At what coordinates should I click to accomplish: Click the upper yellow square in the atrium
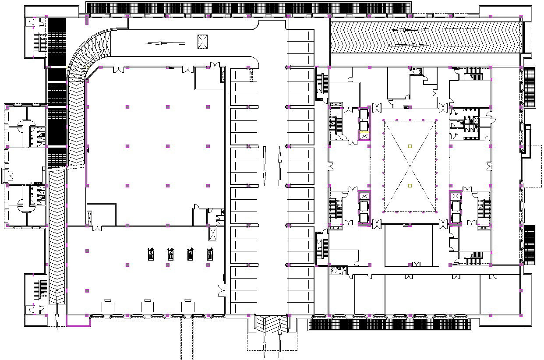click(410, 146)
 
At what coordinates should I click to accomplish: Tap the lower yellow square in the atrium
click(410, 186)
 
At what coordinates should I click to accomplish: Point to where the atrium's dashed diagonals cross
click(410, 166)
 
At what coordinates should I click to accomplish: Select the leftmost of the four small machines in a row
click(151, 254)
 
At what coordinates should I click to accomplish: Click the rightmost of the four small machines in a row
click(210, 254)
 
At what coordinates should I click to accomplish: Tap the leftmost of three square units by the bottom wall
click(108, 306)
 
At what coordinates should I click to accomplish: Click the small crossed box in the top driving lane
click(202, 41)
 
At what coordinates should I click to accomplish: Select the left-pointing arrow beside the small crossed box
click(165, 43)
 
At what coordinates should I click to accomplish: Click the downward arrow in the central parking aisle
click(265, 166)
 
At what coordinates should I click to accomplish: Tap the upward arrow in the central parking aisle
click(279, 166)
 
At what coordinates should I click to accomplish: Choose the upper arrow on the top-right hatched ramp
click(410, 30)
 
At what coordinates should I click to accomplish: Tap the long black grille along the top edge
click(248, 7)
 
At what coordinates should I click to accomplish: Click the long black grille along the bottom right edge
click(390, 324)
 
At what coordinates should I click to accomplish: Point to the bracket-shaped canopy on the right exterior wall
click(527, 139)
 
